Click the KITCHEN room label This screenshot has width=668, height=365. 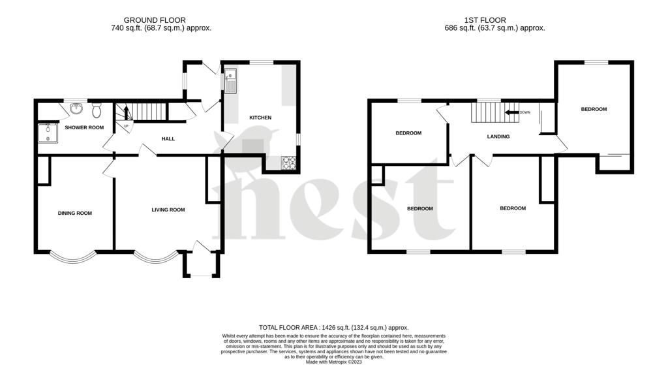pyautogui.click(x=260, y=118)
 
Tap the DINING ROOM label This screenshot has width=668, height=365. pyautogui.click(x=75, y=213)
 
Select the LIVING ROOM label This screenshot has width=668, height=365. pyautogui.click(x=168, y=210)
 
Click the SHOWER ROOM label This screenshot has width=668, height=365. pyautogui.click(x=84, y=127)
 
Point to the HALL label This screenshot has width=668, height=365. pyautogui.click(x=168, y=138)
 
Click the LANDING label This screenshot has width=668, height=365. pyautogui.click(x=498, y=136)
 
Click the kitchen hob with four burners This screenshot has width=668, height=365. pyautogui.click(x=288, y=163)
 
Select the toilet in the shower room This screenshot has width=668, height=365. pyautogui.click(x=97, y=106)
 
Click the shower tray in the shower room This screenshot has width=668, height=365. pyautogui.click(x=47, y=133)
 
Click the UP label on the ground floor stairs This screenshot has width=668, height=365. pyautogui.click(x=127, y=125)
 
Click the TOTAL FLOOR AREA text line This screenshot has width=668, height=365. pyautogui.click(x=333, y=327)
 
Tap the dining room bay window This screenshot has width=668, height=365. pyautogui.click(x=72, y=257)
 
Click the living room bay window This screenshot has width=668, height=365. pyautogui.click(x=157, y=257)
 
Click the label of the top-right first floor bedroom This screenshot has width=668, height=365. pyautogui.click(x=594, y=109)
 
